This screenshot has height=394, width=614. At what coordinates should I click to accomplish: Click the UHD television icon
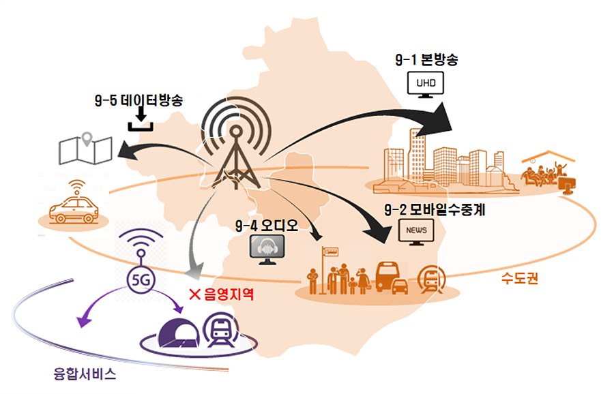point(425,84)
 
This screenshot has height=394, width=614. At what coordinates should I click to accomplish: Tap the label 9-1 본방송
point(426,59)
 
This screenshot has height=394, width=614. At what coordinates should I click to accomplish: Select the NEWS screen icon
point(416,232)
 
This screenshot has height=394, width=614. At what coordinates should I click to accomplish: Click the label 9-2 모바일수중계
point(435,210)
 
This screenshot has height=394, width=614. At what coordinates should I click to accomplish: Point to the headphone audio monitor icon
point(267,249)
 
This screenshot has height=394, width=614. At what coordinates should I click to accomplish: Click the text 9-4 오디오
point(267,226)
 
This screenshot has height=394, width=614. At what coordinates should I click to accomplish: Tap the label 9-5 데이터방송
point(138,100)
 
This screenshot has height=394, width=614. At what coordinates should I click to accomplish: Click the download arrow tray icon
point(141,120)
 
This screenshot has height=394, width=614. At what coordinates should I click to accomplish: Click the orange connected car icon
point(74,202)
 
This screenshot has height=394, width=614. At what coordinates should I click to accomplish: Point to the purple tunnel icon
point(179,334)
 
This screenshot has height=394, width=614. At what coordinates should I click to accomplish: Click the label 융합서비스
point(85,374)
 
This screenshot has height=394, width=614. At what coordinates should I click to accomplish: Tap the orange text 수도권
point(520,278)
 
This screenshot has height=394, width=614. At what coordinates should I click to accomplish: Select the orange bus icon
point(388,277)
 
